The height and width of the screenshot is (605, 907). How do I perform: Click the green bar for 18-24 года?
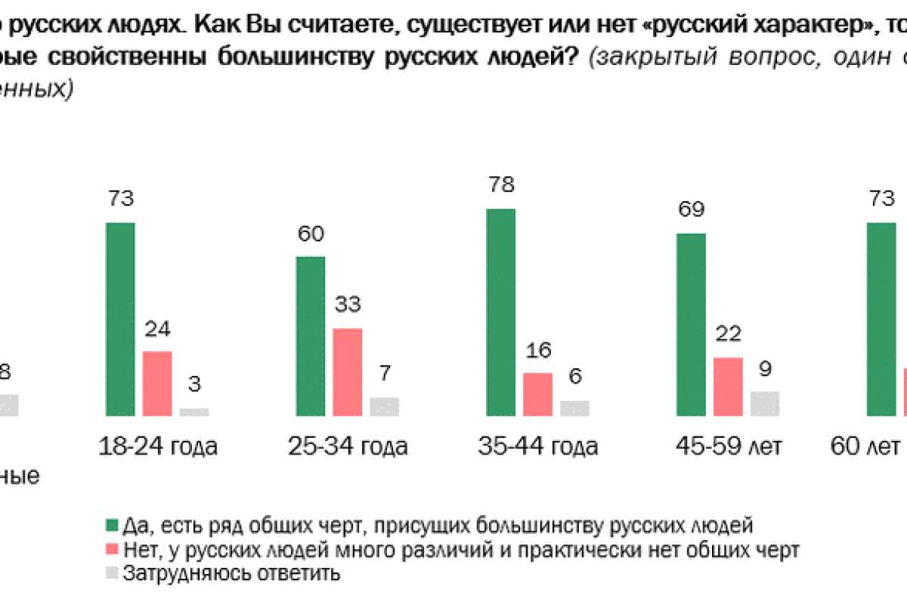120,319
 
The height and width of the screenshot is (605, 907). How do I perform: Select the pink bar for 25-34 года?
348,372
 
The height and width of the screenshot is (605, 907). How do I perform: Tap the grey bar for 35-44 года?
575,408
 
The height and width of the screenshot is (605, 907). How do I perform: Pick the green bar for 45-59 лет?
691,324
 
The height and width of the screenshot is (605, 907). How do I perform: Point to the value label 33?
348,306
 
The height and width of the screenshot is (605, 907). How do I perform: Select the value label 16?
538,350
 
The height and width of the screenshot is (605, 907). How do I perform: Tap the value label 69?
691,211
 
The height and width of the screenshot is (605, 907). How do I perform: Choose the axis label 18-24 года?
158,446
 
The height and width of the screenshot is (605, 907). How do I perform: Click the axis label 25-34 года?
348,446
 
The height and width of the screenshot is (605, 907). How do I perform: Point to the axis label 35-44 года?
537,446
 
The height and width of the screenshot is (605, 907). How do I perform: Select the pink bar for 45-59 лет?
729,386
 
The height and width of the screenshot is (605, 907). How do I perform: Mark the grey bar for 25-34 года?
385,407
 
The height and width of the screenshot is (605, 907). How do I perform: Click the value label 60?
310,234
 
